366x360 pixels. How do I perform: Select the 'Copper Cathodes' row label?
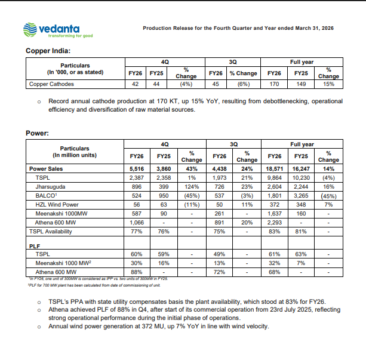pyautogui.click(x=52, y=84)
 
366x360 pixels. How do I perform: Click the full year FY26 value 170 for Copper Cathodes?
pyautogui.click(x=274, y=84)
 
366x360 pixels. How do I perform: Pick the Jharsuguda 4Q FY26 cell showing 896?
pyautogui.click(x=136, y=186)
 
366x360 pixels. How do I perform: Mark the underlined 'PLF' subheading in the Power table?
pyautogui.click(x=35, y=245)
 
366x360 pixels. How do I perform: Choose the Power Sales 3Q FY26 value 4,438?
pyautogui.click(x=219, y=169)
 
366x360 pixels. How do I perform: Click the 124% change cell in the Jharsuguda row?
pyautogui.click(x=192, y=186)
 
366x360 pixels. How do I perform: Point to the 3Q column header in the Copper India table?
pyautogui.click(x=234, y=61)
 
